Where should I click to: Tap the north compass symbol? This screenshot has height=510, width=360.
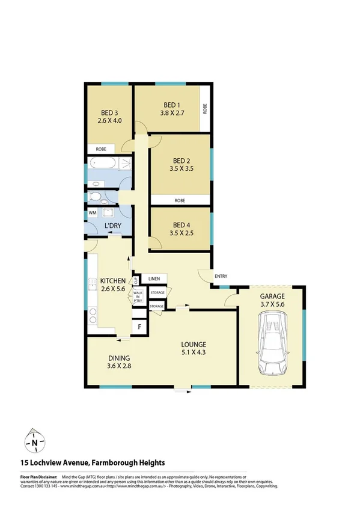(x=35, y=443)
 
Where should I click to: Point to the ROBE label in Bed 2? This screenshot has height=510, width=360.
(x=180, y=200)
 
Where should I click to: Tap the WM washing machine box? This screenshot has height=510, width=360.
(x=93, y=213)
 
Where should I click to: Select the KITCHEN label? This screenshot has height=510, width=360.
(x=112, y=281)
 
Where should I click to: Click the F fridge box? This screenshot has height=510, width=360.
(x=139, y=327)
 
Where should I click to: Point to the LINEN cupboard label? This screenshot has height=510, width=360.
(x=154, y=279)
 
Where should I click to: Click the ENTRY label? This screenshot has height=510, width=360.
(x=221, y=276)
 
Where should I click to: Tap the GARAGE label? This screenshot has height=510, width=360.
(x=272, y=296)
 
